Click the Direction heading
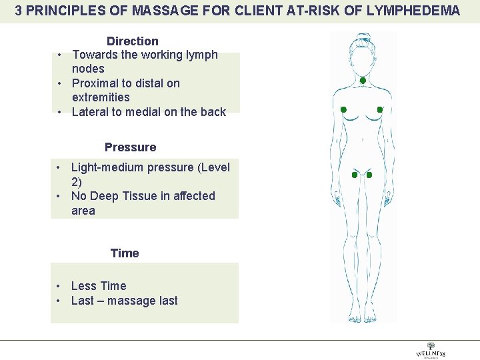click(132, 41)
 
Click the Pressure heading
click(130, 147)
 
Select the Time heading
click(125, 253)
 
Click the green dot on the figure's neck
click(362, 81)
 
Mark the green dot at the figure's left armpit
click(343, 109)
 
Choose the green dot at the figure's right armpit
click(380, 109)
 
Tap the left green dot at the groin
click(355, 175)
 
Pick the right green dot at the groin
click(369, 175)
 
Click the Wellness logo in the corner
click(430, 351)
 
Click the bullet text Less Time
click(98, 286)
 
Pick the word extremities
click(101, 97)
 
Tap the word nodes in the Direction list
click(88, 69)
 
